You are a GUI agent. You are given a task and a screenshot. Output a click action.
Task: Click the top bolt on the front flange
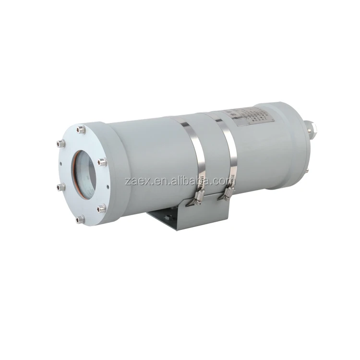(x=81, y=129)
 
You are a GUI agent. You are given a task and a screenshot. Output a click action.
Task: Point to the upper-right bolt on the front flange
(x=103, y=162)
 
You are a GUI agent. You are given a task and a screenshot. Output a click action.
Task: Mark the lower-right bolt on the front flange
(x=102, y=208)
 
